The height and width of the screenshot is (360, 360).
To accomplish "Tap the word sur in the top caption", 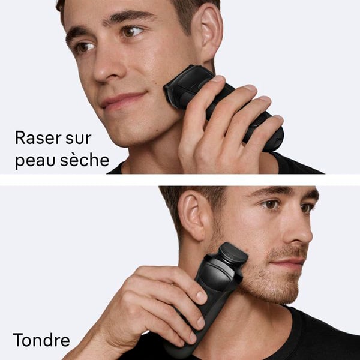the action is coord(79,139).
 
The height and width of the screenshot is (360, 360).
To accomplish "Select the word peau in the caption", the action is coord(35,161).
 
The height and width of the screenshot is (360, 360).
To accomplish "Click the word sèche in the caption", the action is coord(85,160).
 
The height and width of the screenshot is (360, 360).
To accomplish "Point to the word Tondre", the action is coord(41,340).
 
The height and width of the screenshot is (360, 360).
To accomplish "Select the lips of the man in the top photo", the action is coord(123,100).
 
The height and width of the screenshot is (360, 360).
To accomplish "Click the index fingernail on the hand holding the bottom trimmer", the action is coord(202,298).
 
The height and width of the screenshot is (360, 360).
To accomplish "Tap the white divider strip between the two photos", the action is coord(180,180).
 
